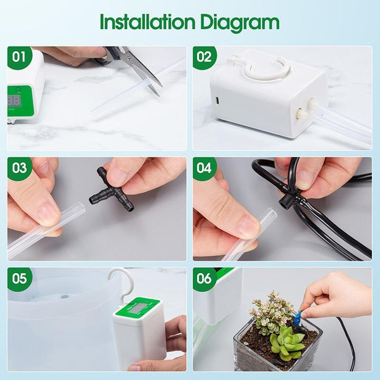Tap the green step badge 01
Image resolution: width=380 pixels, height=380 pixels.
(x=20, y=57)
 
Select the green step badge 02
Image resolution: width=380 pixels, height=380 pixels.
(x=205, y=57)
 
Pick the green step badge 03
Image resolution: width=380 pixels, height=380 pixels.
(x=20, y=168)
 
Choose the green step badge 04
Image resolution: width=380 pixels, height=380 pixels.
(x=205, y=168)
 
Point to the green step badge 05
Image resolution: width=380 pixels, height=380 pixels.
(x=20, y=279)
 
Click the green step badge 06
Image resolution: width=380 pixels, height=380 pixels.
(x=205, y=279)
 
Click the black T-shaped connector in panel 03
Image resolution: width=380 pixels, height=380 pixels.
(x=110, y=190)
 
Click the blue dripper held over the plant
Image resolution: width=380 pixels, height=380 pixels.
(x=296, y=314)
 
